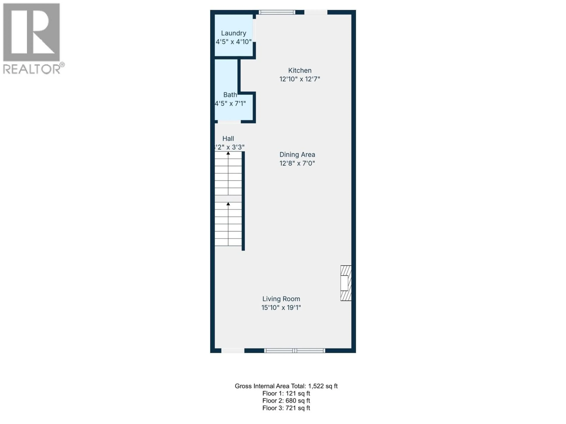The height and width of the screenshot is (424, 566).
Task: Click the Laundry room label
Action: click(x=233, y=33)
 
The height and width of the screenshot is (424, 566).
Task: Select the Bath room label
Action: click(x=230, y=95)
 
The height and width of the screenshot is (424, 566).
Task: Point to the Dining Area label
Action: click(x=297, y=155)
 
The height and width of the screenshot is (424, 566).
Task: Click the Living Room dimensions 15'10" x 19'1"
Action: click(x=281, y=307)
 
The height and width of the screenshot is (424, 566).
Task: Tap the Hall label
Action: click(x=228, y=139)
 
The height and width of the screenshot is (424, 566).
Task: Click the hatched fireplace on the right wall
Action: click(x=346, y=283)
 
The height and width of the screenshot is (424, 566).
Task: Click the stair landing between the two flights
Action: click(x=228, y=199)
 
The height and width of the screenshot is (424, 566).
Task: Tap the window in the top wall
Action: click(x=277, y=12)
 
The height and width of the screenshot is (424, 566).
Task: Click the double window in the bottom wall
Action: click(x=294, y=351)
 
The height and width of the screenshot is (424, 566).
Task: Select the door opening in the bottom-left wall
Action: click(x=233, y=351)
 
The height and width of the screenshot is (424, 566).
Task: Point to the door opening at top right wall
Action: click(x=315, y=12)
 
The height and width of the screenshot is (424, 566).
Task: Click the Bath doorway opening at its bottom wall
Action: click(x=229, y=122)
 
